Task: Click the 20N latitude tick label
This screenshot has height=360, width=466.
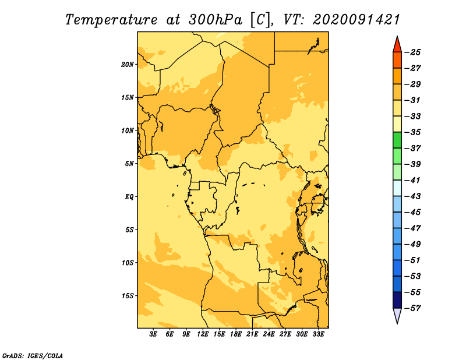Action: click(128, 65)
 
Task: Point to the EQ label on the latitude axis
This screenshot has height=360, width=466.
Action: click(129, 197)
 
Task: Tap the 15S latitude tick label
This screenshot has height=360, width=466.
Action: click(128, 296)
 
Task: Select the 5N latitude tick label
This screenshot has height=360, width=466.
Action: click(129, 164)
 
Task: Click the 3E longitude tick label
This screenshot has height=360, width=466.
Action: click(153, 334)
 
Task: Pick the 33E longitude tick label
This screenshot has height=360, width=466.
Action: click(318, 334)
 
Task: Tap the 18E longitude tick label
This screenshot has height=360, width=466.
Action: click(236, 334)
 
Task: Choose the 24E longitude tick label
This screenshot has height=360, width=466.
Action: click(269, 334)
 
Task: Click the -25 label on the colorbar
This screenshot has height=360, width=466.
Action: click(413, 52)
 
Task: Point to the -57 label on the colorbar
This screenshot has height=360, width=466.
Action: click(413, 308)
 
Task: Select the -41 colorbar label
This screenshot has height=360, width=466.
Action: click(413, 181)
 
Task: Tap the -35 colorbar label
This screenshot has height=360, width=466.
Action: click(413, 132)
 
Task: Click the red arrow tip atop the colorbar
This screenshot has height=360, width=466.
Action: click(397, 37)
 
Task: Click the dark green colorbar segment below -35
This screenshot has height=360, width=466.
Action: click(397, 140)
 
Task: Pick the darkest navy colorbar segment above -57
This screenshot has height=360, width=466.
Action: click(397, 300)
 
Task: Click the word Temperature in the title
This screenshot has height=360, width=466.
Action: click(111, 20)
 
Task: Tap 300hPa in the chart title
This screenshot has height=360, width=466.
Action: click(215, 20)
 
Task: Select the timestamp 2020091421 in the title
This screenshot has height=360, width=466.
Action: click(356, 20)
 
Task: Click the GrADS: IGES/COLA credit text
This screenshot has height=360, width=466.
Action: click(33, 356)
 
